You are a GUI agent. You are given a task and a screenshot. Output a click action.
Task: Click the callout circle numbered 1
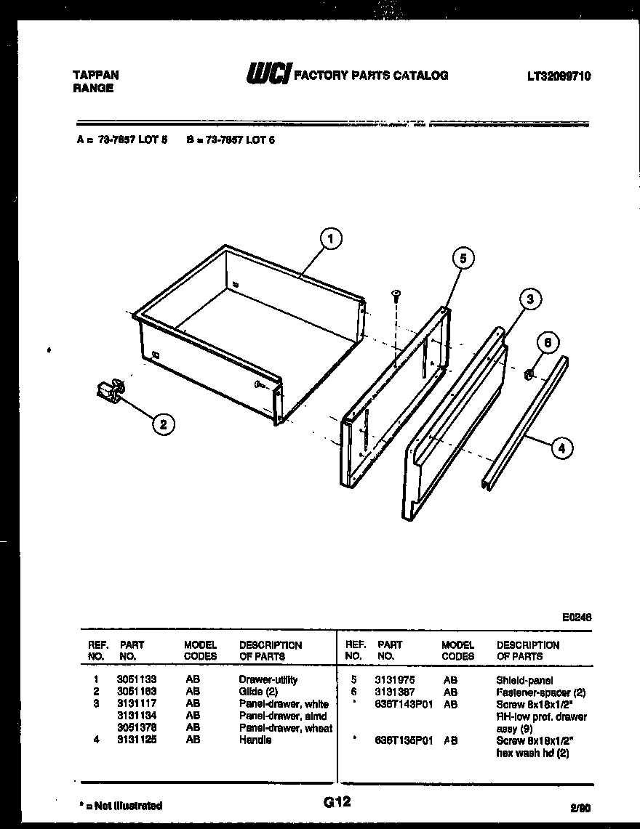[x=330, y=239]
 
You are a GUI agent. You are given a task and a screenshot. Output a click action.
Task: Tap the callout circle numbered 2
[x=164, y=426]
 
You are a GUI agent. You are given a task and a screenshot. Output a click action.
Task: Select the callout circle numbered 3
[x=531, y=299]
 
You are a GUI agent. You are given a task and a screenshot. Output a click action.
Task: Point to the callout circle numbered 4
[x=560, y=449]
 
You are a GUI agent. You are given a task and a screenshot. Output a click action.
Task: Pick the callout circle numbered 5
[x=463, y=258]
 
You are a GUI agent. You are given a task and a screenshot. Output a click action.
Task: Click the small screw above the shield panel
[x=396, y=294]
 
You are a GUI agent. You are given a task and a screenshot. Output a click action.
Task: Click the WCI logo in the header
[x=268, y=74]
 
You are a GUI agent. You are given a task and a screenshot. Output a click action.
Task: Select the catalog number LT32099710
[x=559, y=75]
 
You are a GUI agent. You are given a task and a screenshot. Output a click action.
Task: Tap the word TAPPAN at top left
[x=96, y=75]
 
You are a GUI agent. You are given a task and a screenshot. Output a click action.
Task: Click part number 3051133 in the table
[x=137, y=680]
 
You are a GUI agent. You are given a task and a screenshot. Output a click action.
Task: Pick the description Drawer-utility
[x=268, y=680]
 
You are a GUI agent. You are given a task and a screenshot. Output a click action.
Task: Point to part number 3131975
[x=395, y=680]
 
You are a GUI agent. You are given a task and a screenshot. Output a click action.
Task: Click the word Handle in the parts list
[x=255, y=740]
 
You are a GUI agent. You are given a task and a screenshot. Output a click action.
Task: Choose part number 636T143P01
[x=404, y=704]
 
